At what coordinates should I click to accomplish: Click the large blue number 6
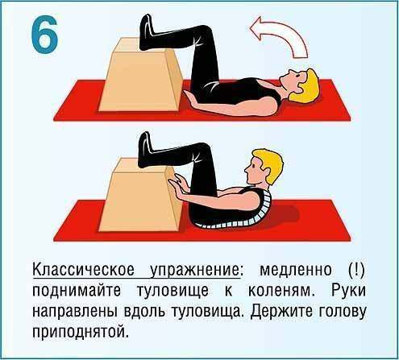point(44,34)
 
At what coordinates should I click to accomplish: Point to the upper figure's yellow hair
point(309,86)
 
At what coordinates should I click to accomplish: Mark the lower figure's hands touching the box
point(179,184)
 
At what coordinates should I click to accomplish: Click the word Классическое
point(83,269)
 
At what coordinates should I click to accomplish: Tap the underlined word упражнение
point(194,271)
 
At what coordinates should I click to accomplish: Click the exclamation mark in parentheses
point(355,269)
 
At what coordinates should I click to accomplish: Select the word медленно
point(296,270)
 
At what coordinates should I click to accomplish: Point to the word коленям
point(281,291)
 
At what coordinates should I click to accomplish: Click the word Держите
point(282,312)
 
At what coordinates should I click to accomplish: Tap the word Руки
point(348,291)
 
